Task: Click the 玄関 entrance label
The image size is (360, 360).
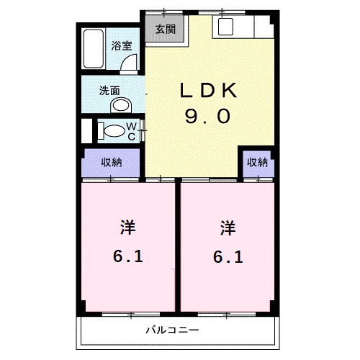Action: pos(166,30)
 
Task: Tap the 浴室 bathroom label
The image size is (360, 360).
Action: pos(121,45)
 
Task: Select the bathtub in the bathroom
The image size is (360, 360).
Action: pos(93,50)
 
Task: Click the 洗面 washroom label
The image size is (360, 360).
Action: pos(109,91)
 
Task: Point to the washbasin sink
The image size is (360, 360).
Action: pos(121,105)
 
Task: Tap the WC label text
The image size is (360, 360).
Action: pos(132,130)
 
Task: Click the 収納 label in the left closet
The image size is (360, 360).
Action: pos(111,162)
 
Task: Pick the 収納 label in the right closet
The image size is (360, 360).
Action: pos(258,162)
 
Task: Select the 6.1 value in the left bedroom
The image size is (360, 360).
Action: pos(127,256)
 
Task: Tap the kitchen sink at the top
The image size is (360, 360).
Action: pos(224,28)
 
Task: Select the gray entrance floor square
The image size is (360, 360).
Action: pos(166,30)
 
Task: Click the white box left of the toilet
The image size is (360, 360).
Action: pos(86,130)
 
